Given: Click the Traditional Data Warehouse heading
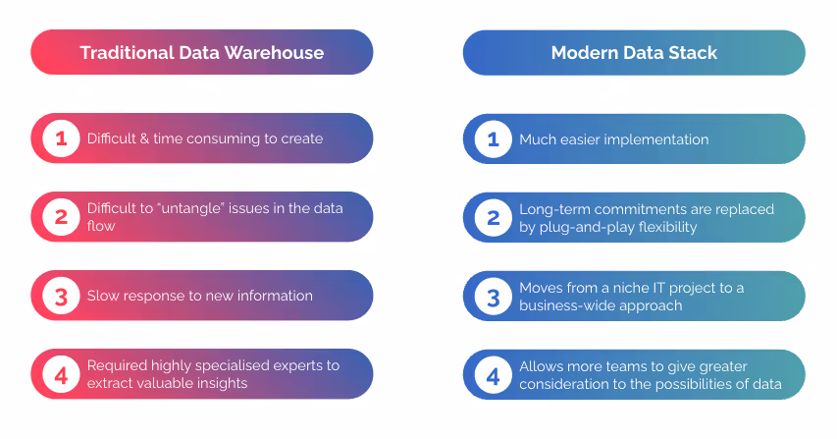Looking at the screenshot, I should [x=201, y=52].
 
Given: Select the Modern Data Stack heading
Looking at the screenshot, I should [x=634, y=52].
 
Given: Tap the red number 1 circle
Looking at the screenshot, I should [x=61, y=138].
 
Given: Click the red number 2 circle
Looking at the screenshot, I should [x=61, y=217].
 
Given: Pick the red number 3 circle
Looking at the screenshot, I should [x=61, y=296].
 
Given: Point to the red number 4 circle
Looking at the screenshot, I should [x=61, y=374].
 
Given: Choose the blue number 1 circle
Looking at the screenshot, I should [x=493, y=138].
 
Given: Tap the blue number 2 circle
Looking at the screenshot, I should [x=493, y=217].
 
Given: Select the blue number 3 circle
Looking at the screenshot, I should [x=493, y=296].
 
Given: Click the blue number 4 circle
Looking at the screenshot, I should [x=493, y=374].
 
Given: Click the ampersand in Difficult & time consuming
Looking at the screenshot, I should [x=144, y=139].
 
